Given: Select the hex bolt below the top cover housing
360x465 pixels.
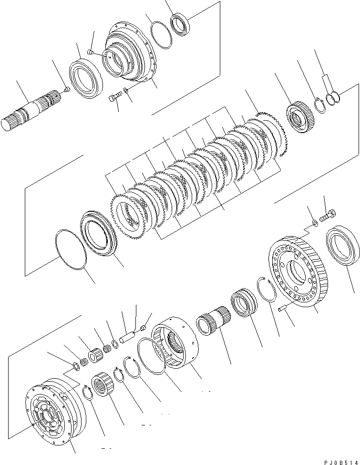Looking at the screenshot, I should (x=114, y=98).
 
